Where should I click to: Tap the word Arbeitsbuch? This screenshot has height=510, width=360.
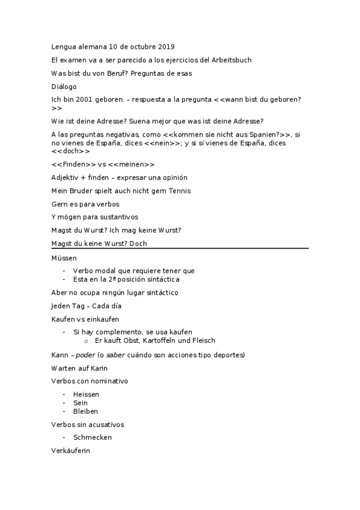tap(231, 60)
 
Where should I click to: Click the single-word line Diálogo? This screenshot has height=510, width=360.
tap(64, 87)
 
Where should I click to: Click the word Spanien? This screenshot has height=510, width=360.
tap(254, 134)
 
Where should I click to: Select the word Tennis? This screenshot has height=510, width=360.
tap(179, 191)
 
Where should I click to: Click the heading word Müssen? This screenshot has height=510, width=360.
tap(65, 258)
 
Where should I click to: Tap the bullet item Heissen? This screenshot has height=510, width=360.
tap(86, 395)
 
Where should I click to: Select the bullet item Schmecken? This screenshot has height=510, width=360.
tap(93, 438)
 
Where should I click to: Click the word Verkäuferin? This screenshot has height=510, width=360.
tap(71, 451)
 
